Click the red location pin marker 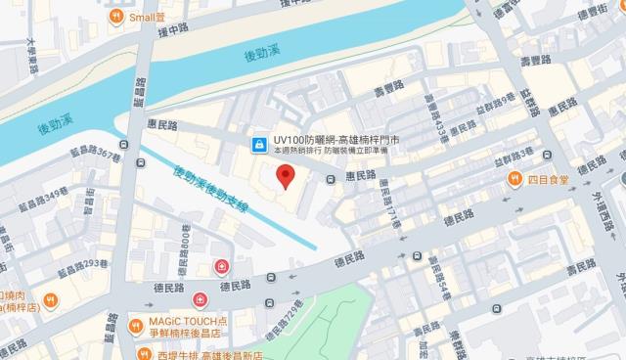[286, 177]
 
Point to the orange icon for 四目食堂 [514, 178]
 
